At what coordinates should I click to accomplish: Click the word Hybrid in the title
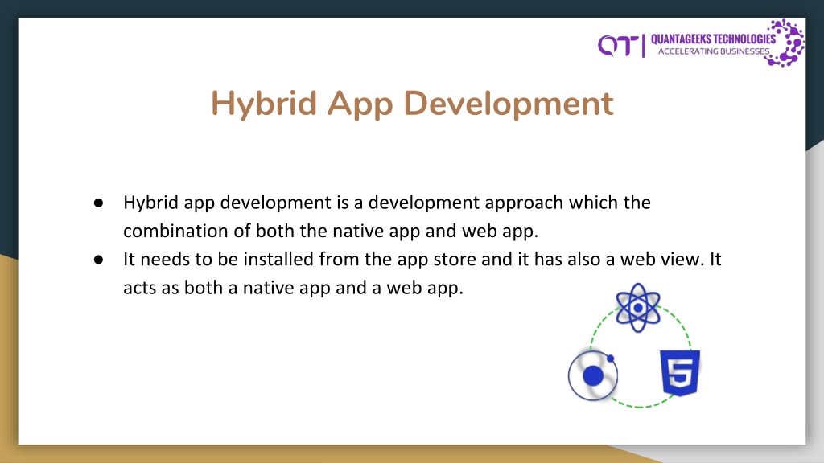click(x=264, y=104)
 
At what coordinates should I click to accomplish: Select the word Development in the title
click(x=509, y=104)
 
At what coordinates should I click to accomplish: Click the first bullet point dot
click(x=98, y=203)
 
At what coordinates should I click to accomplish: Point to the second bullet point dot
click(x=98, y=260)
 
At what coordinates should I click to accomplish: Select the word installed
click(x=278, y=259)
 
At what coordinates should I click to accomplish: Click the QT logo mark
click(x=618, y=46)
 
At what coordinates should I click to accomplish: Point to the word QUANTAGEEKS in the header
click(x=681, y=39)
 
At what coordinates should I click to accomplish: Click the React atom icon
click(x=638, y=308)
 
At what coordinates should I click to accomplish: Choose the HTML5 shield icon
click(x=680, y=373)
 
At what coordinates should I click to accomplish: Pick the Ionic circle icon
click(x=593, y=375)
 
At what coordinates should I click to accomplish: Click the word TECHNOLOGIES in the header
click(x=744, y=39)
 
